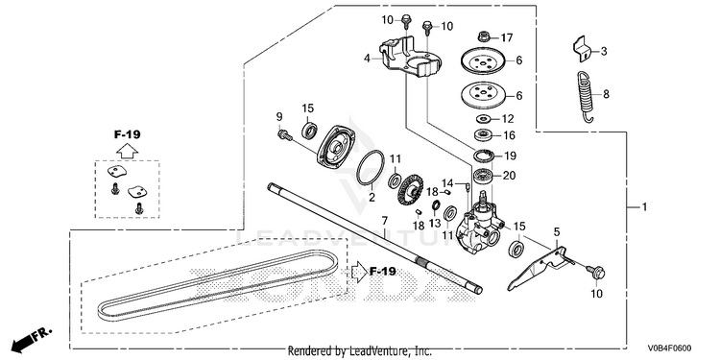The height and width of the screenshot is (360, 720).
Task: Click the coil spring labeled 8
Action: click(x=584, y=96)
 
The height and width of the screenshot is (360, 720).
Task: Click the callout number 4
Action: click(x=367, y=59)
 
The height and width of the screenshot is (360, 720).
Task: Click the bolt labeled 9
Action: click(x=285, y=135)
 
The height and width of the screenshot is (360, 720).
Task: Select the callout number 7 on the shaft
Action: click(x=385, y=221)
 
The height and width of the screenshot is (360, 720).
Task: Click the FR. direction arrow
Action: click(x=31, y=339)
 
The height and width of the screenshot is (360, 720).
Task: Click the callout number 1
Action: click(x=644, y=207)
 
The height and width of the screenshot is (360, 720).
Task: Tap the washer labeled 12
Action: click(x=482, y=119)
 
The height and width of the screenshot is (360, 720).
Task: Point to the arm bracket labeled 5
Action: click(x=538, y=269)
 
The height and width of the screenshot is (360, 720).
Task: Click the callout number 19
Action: click(x=510, y=156)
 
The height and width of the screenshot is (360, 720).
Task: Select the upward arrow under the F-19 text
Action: click(x=127, y=151)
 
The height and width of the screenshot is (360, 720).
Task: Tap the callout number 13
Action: click(x=434, y=223)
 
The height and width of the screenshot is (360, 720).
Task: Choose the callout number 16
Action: click(x=509, y=135)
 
